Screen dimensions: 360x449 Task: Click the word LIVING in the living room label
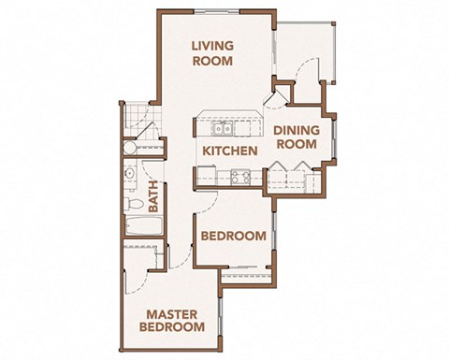click(212, 44)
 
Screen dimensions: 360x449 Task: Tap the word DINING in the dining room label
click(297, 130)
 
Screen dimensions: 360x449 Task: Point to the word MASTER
click(171, 314)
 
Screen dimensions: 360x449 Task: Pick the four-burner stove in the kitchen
click(238, 174)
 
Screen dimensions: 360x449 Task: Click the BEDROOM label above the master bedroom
click(233, 236)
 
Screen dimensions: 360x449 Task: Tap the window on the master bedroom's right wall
click(221, 313)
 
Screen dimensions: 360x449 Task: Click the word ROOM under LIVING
click(212, 61)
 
